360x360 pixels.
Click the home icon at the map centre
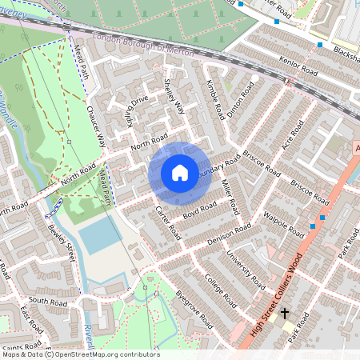pyautogui.click(x=179, y=172)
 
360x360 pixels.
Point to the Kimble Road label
pyautogui.click(x=214, y=102)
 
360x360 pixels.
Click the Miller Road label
pyautogui.click(x=230, y=197)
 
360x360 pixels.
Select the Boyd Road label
pyautogui.click(x=200, y=208)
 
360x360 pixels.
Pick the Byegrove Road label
pyautogui.click(x=194, y=307)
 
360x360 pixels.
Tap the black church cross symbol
pyautogui.click(x=284, y=314)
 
